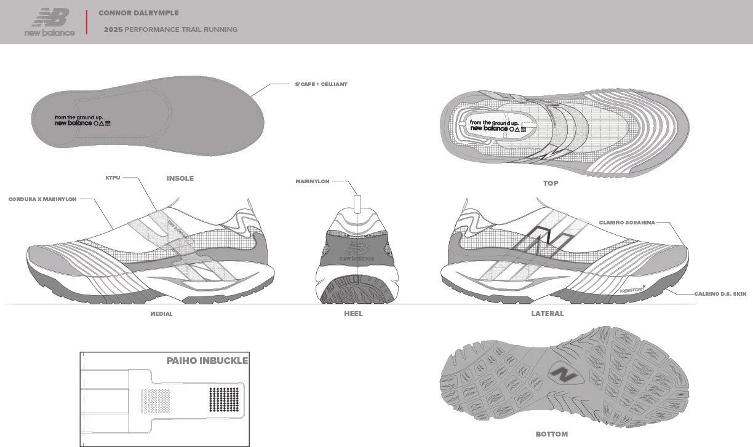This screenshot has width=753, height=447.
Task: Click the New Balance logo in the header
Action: tap(50, 22)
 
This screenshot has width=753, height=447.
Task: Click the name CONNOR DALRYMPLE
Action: tap(138, 13)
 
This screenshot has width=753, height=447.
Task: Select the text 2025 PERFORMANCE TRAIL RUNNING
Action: tap(170, 30)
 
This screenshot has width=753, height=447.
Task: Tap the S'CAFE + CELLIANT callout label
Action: tap(321, 84)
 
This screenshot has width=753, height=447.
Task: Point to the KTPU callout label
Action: tap(113, 178)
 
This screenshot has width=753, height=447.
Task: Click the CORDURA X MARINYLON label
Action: tap(42, 199)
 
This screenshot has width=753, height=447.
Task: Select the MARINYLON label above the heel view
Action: tap(313, 181)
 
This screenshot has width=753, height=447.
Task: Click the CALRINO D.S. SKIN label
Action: tap(720, 294)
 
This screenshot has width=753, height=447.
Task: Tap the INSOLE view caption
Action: tap(180, 178)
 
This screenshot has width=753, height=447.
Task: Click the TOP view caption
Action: tap(551, 183)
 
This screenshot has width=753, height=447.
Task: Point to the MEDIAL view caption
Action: tap(161, 314)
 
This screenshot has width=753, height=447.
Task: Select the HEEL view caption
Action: tap(353, 314)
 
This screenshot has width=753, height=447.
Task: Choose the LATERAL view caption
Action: tap(547, 314)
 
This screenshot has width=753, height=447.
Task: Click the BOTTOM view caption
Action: tap(551, 434)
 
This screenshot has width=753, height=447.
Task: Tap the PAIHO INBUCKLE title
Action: tap(207, 361)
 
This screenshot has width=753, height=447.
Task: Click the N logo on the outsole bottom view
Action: tap(564, 374)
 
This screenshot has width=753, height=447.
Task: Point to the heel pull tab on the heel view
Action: tap(357, 204)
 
